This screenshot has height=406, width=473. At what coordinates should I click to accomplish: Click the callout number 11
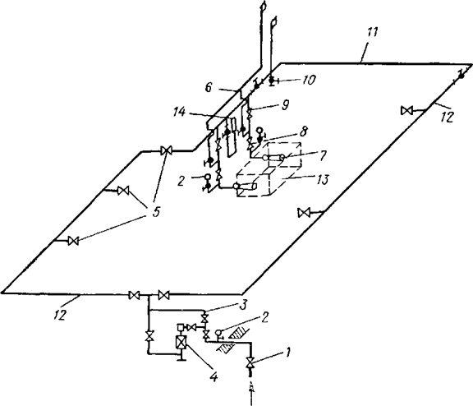point(371,32)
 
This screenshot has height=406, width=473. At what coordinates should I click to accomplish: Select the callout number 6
point(209,88)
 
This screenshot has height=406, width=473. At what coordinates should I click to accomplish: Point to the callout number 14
point(180,113)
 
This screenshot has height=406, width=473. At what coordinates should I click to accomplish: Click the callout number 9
point(284,104)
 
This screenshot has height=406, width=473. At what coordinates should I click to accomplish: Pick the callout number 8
point(304,132)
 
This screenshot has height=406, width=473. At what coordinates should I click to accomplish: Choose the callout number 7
point(322,156)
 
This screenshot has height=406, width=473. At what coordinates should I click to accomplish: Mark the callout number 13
point(323,180)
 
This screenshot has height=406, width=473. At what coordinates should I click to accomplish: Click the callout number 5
point(155,212)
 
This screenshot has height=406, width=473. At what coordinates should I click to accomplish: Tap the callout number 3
point(243,305)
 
